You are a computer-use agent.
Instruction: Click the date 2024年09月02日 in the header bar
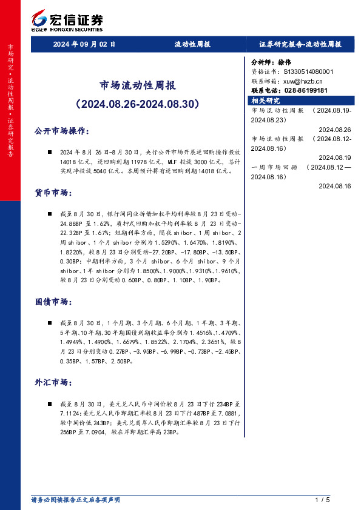point(84,44)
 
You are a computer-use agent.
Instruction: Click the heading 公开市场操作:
point(62,131)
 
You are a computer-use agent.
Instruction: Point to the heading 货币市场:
point(54,193)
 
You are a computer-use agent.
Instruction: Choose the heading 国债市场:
point(54,302)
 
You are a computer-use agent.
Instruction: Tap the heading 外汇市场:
point(54,382)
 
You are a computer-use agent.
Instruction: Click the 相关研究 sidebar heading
point(266,101)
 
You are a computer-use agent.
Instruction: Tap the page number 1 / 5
point(322,500)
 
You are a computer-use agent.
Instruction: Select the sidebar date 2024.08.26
point(334,130)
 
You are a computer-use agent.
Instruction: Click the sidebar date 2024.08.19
point(334,157)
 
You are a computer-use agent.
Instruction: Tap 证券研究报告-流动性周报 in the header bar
point(300,44)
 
